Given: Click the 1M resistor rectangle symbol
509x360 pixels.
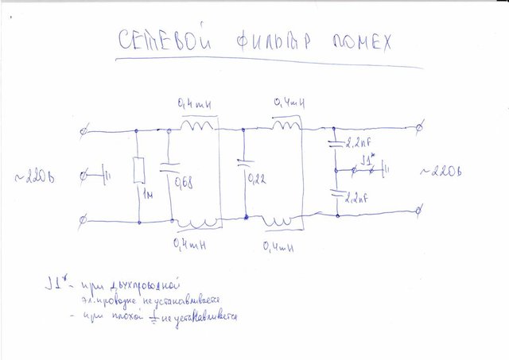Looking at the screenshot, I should click(139, 171).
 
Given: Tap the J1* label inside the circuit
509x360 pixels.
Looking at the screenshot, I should click(367, 161).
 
